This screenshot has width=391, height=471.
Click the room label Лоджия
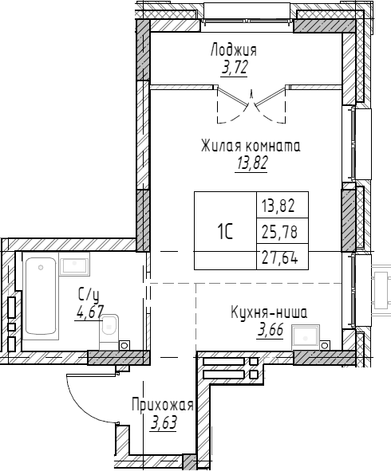coord(233,51)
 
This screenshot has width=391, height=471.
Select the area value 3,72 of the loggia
coord(234,68)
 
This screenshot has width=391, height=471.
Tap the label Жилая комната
coord(250,147)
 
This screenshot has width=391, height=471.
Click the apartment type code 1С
coord(224,232)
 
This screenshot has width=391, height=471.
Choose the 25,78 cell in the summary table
coord(278,232)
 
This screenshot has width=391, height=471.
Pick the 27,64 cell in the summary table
coord(278,258)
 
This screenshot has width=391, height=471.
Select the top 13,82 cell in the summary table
coord(278,206)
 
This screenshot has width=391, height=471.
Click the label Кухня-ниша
coord(268,312)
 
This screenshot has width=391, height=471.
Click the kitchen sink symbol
coord(307,337)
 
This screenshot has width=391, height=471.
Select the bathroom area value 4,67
coord(89,311)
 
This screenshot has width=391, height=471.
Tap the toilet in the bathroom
coord(110,329)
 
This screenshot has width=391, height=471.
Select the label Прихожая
coord(163,406)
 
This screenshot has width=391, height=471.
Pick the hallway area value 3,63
coord(164,422)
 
